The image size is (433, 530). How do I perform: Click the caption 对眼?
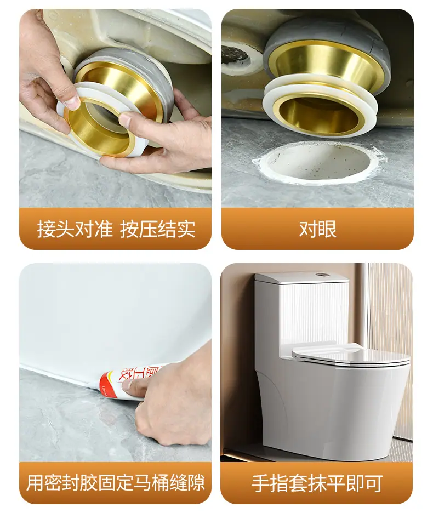pyautogui.click(x=318, y=230)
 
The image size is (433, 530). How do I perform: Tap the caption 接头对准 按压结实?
pyautogui.click(x=116, y=229)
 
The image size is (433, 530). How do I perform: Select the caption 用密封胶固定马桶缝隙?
pyautogui.click(x=116, y=483)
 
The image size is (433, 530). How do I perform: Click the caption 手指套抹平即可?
pyautogui.click(x=317, y=483)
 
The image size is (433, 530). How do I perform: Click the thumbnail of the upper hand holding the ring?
pyautogui.click(x=72, y=100)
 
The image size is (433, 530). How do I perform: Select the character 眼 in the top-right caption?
pyautogui.click(x=327, y=230)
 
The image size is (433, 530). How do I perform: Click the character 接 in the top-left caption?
pyautogui.click(x=46, y=229)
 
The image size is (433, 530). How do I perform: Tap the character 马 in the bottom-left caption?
pyautogui.click(x=142, y=483)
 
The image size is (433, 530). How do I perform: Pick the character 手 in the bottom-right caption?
pyautogui.click(x=260, y=483)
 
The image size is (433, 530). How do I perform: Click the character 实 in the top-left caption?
pyautogui.click(x=186, y=229)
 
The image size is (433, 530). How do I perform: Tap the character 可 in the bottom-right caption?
pyautogui.click(x=373, y=483)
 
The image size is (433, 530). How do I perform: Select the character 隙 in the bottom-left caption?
pyautogui.click(x=196, y=483)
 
